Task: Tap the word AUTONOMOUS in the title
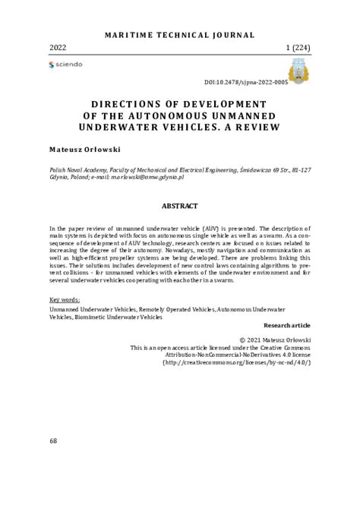point(166,115)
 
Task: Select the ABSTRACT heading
point(179,206)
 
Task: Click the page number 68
point(53,441)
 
